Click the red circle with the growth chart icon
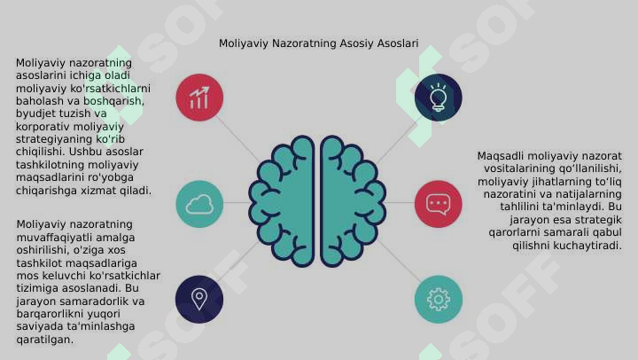pyautogui.click(x=199, y=98)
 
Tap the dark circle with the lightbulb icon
pyautogui.click(x=439, y=98)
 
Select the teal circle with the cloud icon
pyautogui.click(x=199, y=204)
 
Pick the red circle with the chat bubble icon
pyautogui.click(x=439, y=204)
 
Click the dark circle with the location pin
pyautogui.click(x=199, y=300)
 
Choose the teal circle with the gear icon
pyautogui.click(x=439, y=300)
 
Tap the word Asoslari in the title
pyautogui.click(x=398, y=43)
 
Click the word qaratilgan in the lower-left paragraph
pyautogui.click(x=45, y=340)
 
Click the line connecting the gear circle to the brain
pyautogui.click(x=399, y=260)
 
